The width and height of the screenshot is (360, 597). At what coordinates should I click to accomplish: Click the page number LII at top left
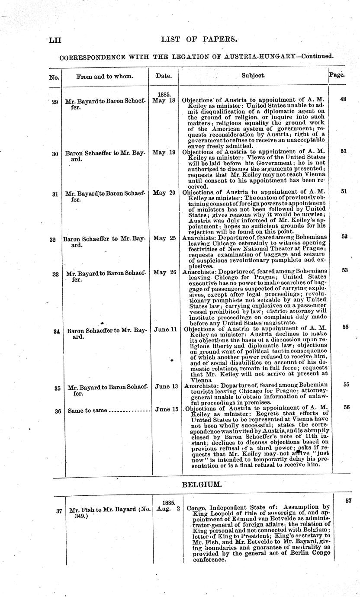pyautogui.click(x=55, y=40)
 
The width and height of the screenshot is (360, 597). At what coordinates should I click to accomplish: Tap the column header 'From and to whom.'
pyautogui.click(x=105, y=76)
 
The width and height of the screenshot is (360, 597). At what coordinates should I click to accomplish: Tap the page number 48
pyautogui.click(x=343, y=99)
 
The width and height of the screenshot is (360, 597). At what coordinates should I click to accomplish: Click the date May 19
pyautogui.click(x=164, y=152)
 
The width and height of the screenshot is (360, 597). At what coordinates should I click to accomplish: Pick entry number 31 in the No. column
pyautogui.click(x=55, y=194)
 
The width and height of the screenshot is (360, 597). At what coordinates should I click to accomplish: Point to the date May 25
pyautogui.click(x=164, y=238)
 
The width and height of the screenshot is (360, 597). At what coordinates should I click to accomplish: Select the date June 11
pyautogui.click(x=165, y=330)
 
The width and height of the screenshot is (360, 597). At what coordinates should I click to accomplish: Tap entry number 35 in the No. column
pyautogui.click(x=57, y=388)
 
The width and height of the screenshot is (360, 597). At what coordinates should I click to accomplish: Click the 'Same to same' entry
pyautogui.click(x=87, y=411)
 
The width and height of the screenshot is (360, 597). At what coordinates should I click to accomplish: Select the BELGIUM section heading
pyautogui.click(x=202, y=485)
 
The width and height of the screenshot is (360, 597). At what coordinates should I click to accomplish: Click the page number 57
pyautogui.click(x=349, y=501)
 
